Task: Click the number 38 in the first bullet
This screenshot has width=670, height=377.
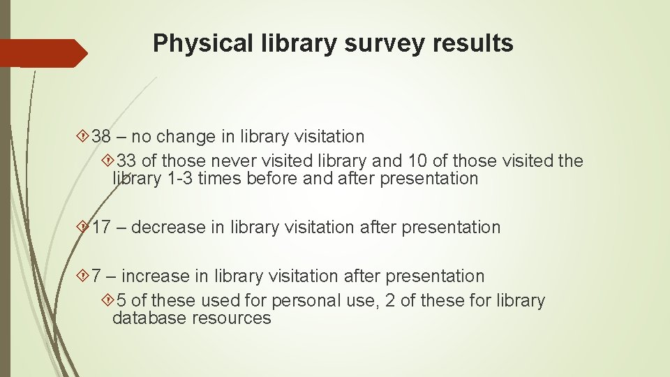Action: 102,136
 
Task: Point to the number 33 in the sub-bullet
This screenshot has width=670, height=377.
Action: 127,161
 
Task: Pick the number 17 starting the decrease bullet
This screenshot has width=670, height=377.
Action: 102,227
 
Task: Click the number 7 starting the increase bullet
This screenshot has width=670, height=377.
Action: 97,276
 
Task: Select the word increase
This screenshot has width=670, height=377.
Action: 156,276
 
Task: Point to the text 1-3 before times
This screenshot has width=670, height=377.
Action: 181,178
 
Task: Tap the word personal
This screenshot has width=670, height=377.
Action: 302,301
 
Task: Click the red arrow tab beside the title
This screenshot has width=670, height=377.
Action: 42,53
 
